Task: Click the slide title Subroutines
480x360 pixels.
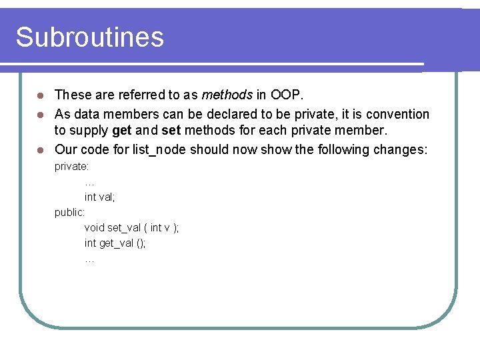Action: click(x=89, y=37)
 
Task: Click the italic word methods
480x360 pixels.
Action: click(x=227, y=95)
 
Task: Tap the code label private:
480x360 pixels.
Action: click(x=72, y=166)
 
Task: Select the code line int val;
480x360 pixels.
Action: click(x=100, y=197)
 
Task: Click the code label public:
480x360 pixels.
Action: click(x=69, y=212)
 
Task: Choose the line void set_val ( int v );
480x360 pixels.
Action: click(x=131, y=227)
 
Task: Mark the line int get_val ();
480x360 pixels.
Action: click(x=115, y=243)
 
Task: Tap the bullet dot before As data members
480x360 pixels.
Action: click(x=40, y=114)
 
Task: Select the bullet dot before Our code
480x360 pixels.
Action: click(x=40, y=150)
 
